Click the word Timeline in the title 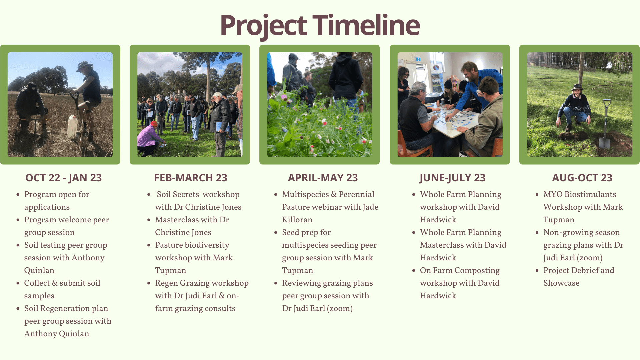coord(366,25)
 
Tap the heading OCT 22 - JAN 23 coord(63,178)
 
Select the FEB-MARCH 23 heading coord(190,178)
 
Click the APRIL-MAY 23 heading coord(323,178)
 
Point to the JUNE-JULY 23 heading coord(452,178)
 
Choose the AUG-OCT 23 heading coord(582,178)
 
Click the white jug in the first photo coord(72,127)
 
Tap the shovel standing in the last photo coord(605,125)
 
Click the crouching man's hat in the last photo coord(576,88)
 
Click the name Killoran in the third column coord(297,220)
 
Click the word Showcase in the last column coord(561,283)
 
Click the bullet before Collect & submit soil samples coord(18,283)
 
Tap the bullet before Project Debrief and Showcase coord(537,270)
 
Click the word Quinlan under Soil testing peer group coord(39,270)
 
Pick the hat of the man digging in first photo coord(84,64)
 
